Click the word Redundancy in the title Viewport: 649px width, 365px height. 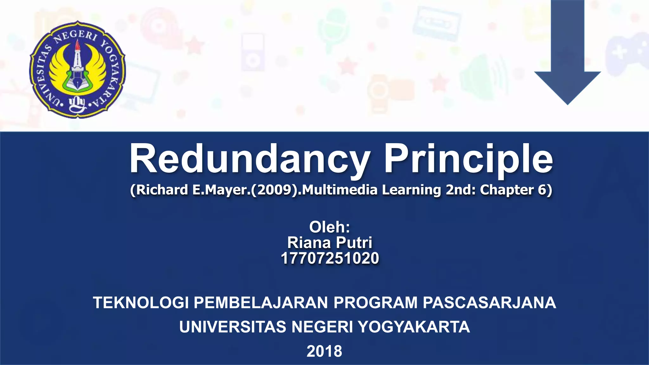(250, 159)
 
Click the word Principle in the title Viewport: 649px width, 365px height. (468, 159)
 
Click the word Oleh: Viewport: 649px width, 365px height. (330, 227)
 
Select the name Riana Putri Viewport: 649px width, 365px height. (330, 243)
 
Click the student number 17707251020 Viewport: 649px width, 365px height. (330, 259)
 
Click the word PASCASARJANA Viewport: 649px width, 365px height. (489, 303)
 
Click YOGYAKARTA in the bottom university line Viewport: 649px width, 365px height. (414, 327)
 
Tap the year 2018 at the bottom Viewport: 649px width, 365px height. (324, 351)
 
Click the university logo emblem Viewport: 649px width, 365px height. (77, 70)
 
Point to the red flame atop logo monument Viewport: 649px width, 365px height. (77, 48)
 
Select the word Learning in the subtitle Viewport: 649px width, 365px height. (411, 190)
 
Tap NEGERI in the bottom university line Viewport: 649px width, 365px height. (322, 327)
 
